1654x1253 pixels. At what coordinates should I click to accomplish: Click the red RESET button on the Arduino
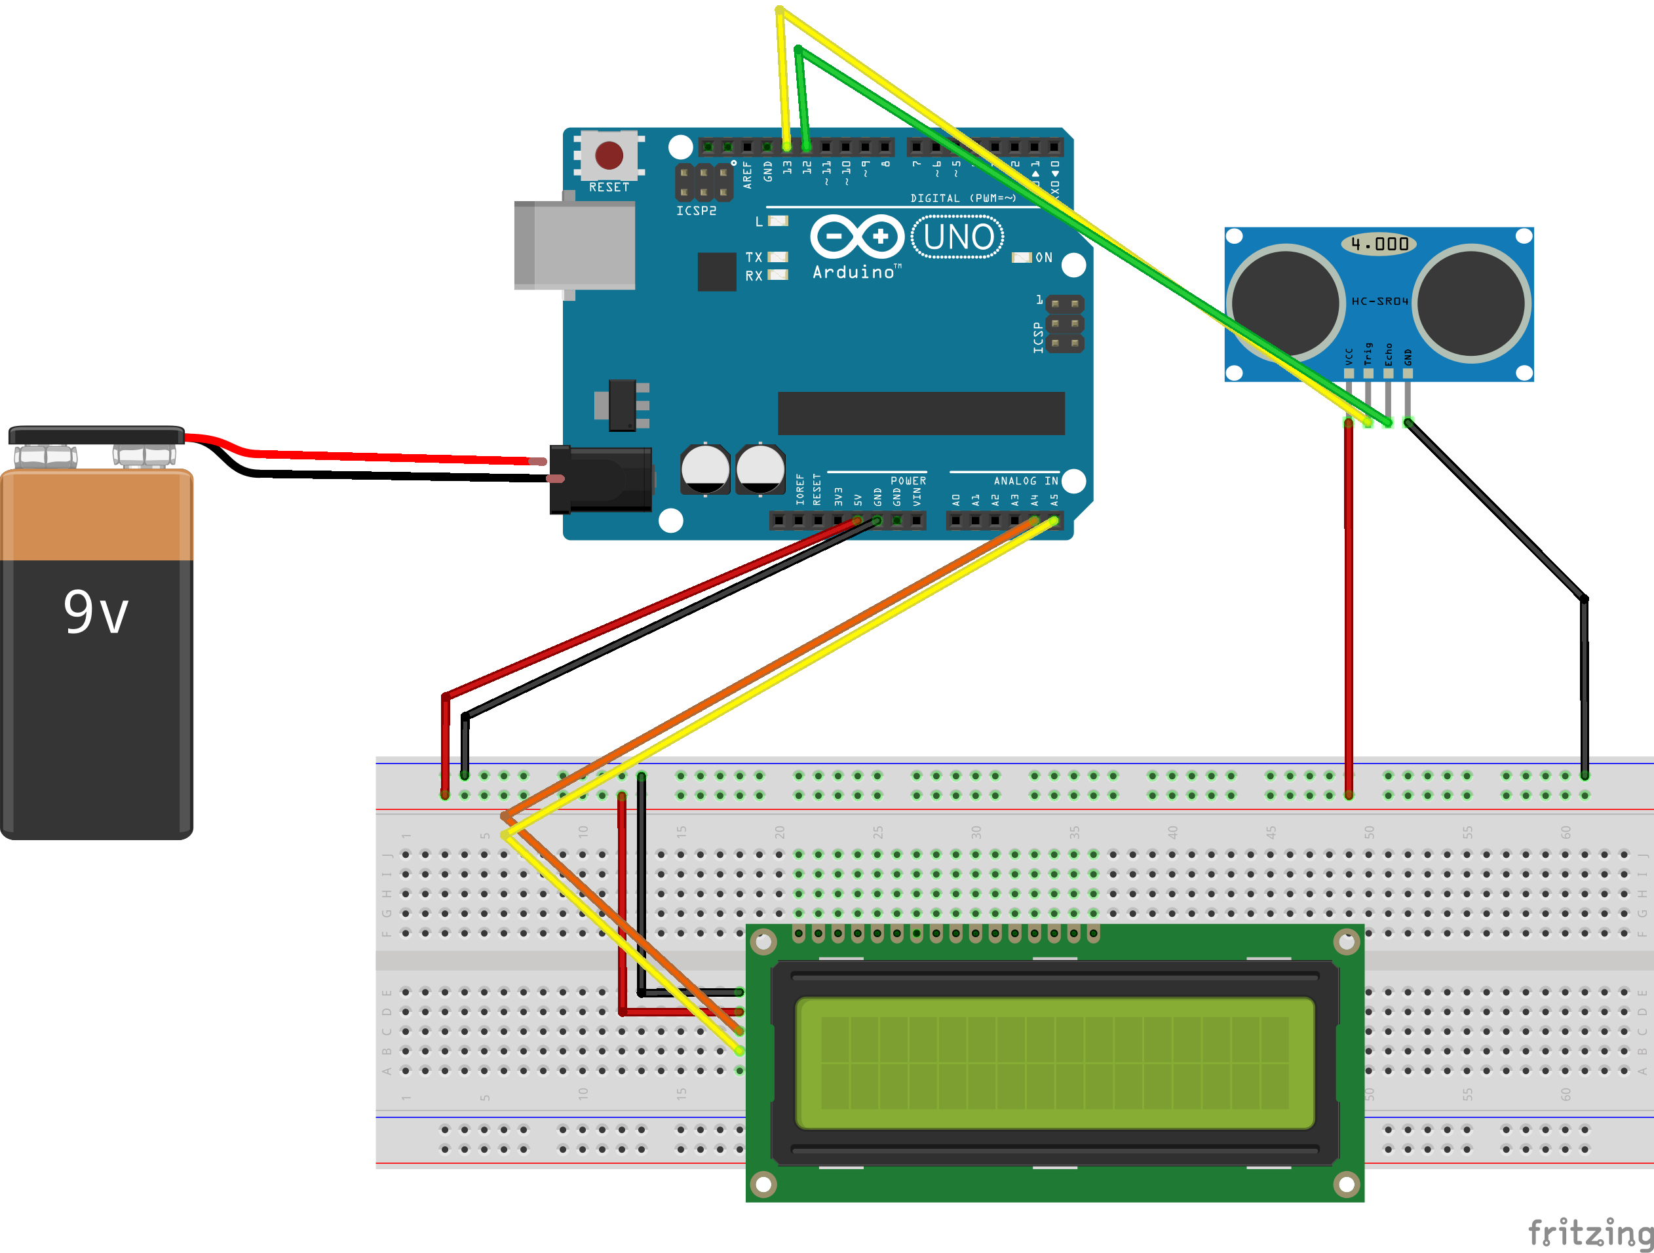pyautogui.click(x=609, y=155)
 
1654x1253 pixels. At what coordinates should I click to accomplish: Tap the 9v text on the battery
pyautogui.click(x=96, y=612)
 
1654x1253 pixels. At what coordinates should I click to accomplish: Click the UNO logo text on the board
pyautogui.click(x=958, y=237)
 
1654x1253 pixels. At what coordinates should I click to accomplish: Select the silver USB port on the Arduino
pyautogui.click(x=574, y=244)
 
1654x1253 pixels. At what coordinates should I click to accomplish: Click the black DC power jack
pyautogui.click(x=601, y=479)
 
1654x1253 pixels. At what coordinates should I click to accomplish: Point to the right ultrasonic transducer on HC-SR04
pyautogui.click(x=1471, y=303)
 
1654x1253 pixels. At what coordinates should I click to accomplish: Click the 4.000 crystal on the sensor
pyautogui.click(x=1379, y=244)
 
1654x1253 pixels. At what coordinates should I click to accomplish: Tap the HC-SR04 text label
pyautogui.click(x=1379, y=301)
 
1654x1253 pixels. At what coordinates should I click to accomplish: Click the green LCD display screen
pyautogui.click(x=1054, y=1062)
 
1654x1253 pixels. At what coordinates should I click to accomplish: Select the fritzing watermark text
pyautogui.click(x=1588, y=1232)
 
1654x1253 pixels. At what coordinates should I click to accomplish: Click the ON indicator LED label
pyautogui.click(x=1044, y=257)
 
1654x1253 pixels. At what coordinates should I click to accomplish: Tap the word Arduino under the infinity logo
pyautogui.click(x=854, y=272)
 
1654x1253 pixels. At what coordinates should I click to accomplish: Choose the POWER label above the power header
pyautogui.click(x=908, y=481)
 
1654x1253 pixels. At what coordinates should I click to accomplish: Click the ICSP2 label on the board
pyautogui.click(x=696, y=211)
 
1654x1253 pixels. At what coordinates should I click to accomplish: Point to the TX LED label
pyautogui.click(x=754, y=257)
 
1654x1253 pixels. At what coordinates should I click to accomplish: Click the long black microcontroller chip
pyautogui.click(x=921, y=413)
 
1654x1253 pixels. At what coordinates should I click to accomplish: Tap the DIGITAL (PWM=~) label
pyautogui.click(x=963, y=198)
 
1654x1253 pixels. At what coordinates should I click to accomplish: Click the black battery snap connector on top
pyautogui.click(x=96, y=434)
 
